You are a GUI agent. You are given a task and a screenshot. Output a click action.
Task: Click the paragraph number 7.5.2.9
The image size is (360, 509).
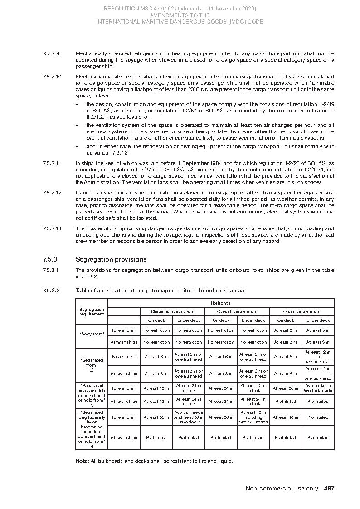(x=51, y=53)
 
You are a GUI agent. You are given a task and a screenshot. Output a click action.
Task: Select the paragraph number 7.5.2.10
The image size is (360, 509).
(x=52, y=77)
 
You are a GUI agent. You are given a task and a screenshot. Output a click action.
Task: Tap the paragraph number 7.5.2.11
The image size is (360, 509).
(x=52, y=163)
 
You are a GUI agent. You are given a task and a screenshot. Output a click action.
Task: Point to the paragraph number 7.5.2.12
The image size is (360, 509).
(x=52, y=193)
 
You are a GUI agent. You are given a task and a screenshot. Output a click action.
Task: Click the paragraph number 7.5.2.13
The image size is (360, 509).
(x=52, y=228)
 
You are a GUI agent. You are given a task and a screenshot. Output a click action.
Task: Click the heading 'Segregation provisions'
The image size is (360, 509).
(x=111, y=259)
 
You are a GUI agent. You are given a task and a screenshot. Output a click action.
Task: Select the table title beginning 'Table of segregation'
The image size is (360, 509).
(x=160, y=290)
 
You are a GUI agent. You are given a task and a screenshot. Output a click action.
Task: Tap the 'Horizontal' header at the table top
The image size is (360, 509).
(x=221, y=303)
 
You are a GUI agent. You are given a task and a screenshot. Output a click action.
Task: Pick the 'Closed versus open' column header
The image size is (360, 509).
(x=237, y=311)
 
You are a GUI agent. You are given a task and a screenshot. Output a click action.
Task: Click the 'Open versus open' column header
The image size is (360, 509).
(x=302, y=311)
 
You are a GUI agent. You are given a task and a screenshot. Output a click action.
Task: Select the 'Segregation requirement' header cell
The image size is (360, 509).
(x=92, y=311)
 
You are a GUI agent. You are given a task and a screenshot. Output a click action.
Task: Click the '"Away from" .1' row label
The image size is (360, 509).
(x=92, y=336)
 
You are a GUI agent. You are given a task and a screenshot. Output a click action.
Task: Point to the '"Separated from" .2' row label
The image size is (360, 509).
(x=92, y=365)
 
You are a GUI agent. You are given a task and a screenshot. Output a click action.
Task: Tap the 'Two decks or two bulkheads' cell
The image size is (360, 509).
(x=318, y=388)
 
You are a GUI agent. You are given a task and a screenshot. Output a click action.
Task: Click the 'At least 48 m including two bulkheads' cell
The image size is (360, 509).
(x=253, y=417)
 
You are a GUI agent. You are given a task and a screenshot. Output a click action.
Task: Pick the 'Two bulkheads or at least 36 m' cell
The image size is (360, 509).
(x=189, y=417)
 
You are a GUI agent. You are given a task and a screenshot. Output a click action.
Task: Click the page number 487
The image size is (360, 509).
(x=329, y=488)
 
